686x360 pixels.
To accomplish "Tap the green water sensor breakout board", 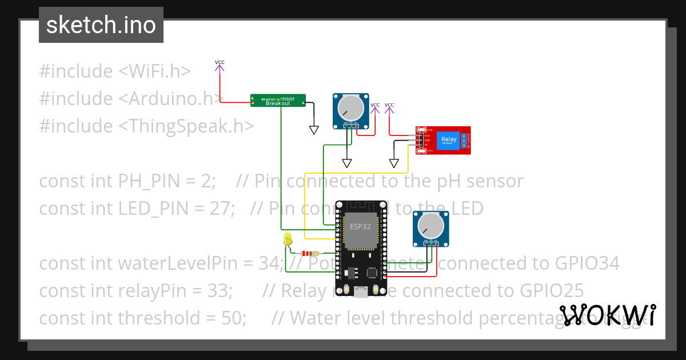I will pyautogui.click(x=278, y=101).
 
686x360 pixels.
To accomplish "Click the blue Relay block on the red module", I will pyautogui.click(x=449, y=140).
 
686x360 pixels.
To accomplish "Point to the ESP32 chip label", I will pyautogui.click(x=360, y=226).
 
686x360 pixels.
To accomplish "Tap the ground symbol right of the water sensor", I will pyautogui.click(x=313, y=130).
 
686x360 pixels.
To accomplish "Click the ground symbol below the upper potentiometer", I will pyautogui.click(x=347, y=163).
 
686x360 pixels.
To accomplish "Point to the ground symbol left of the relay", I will pyautogui.click(x=394, y=163).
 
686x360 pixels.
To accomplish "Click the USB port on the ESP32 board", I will pyautogui.click(x=360, y=293).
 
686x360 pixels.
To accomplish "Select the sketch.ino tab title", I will pyautogui.click(x=101, y=25).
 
